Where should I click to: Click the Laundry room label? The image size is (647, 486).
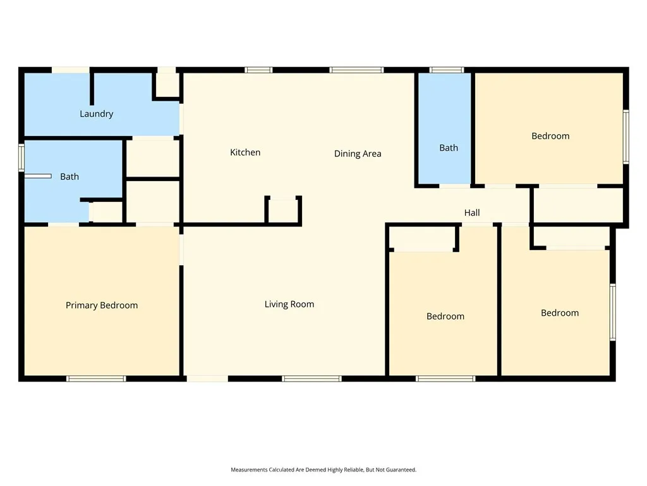pos(96,114)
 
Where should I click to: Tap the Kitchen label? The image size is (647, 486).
pos(245,153)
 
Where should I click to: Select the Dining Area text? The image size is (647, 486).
pos(358,154)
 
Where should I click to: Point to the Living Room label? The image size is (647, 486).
pos(289,304)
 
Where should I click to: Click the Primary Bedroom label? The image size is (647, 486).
pos(102,306)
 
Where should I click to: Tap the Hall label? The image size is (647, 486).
pos(472,213)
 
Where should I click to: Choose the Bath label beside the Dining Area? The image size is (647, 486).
pos(449,148)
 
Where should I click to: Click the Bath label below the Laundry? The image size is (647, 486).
pos(70,177)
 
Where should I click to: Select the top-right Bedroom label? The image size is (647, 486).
pos(550,136)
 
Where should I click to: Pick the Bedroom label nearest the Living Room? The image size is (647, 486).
pos(445,316)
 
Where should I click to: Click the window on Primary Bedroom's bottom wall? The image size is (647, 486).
pos(96,378)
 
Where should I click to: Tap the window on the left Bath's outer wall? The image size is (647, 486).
pos(21,158)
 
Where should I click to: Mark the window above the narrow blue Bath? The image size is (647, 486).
pos(446,70)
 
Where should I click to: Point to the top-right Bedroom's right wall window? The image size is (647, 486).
pos(626,137)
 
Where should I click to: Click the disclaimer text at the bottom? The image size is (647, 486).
pos(323,470)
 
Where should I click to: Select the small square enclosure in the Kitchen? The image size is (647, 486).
pos(283,211)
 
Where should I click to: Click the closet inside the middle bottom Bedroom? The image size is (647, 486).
pos(422,239)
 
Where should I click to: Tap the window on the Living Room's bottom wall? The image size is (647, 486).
pos(311,378)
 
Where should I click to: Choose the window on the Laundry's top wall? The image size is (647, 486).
pos(70,70)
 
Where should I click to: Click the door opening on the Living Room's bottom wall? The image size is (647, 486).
pos(207,378)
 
